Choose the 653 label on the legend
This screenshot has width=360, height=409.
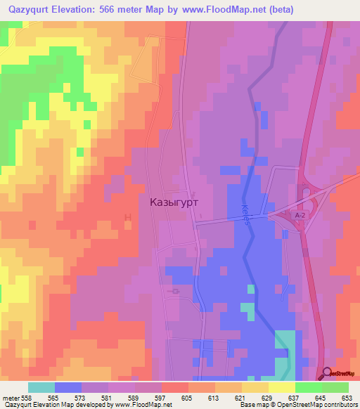347,397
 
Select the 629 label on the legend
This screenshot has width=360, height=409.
267,397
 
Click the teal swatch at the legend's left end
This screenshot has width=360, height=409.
41,387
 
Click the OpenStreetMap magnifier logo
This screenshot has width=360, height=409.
326,373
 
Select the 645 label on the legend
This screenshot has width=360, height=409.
320,397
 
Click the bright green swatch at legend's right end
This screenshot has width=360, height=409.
335,387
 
